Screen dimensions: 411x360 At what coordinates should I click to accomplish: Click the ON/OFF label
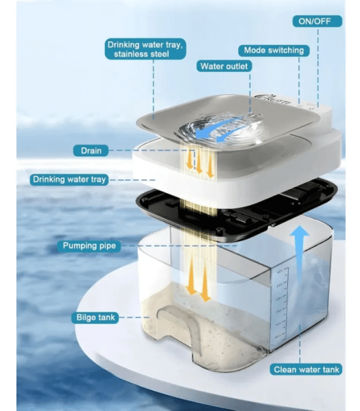316,21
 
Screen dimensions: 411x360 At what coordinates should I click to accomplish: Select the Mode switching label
273,51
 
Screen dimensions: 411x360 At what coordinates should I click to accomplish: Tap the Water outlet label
224,66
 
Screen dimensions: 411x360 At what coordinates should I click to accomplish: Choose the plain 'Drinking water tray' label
69,179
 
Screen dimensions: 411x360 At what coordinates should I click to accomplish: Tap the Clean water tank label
306,370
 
